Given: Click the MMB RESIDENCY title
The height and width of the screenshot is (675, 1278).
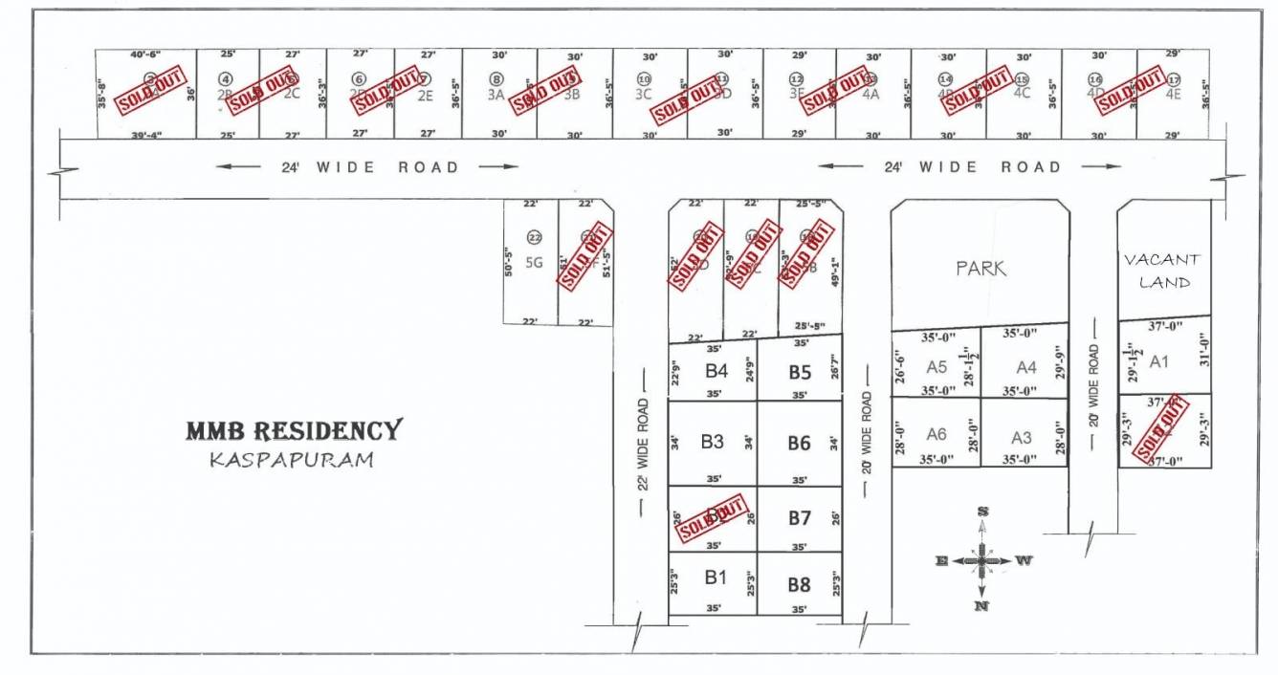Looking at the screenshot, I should (x=294, y=430).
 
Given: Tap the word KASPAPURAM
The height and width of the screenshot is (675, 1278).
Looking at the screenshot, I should (x=292, y=460).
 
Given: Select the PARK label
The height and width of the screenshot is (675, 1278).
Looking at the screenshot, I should (x=981, y=269).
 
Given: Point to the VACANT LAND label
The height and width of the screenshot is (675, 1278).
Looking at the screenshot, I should (x=1161, y=271).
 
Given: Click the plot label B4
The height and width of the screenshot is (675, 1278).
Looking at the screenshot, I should (x=717, y=370).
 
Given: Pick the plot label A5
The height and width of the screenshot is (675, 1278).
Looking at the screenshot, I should (x=936, y=366).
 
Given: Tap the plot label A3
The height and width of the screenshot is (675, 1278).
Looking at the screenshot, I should (x=1022, y=438).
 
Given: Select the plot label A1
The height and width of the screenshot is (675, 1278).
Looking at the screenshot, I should (x=1159, y=361).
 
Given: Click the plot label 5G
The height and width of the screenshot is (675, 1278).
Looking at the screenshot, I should (x=534, y=264).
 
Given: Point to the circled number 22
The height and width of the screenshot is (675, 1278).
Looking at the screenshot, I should (x=534, y=237).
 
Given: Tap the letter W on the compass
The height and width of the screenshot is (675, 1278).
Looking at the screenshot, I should (x=1024, y=560).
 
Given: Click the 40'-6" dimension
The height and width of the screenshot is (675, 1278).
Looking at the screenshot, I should (x=147, y=54).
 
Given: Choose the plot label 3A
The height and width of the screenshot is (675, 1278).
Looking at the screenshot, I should (x=496, y=95).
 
